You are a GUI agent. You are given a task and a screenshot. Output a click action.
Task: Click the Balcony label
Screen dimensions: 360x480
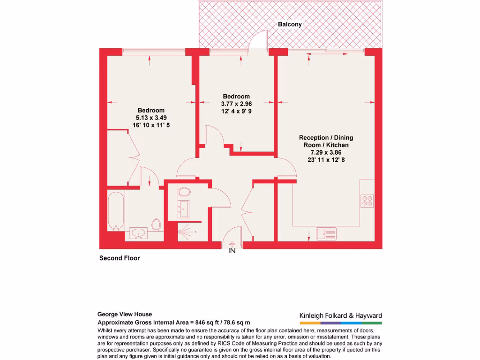tap(290, 24)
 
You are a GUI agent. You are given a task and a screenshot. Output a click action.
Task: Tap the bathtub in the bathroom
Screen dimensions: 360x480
tap(116, 210)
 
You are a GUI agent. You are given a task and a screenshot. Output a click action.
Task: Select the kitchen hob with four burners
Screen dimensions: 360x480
tap(367, 200)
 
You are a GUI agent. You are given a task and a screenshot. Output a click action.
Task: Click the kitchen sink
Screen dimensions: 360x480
tap(326, 232)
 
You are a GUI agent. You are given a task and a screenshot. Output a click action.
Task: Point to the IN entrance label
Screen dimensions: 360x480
tap(232, 251)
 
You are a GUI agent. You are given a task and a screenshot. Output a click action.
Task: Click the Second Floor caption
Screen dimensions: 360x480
tap(120, 258)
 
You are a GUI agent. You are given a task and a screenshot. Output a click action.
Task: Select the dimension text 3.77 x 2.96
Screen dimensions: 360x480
tap(236, 104)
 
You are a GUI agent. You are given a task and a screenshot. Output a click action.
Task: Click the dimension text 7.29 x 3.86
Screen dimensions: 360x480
tap(326, 152)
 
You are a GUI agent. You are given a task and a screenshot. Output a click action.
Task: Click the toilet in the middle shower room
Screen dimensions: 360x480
tap(185, 192)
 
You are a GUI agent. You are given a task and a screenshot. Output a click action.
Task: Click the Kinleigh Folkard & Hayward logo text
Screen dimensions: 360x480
tap(341, 316)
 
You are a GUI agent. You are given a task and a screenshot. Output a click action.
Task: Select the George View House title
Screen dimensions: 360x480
tap(125, 315)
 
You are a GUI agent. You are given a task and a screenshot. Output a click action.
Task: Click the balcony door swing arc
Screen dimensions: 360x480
tap(258, 39)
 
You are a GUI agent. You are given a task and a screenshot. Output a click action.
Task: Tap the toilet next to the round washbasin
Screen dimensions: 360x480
tap(157, 225)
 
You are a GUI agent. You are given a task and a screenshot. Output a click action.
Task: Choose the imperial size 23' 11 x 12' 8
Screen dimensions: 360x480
tap(326, 160)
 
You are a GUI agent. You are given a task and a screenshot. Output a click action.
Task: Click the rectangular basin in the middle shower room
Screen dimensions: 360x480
tap(184, 209)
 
